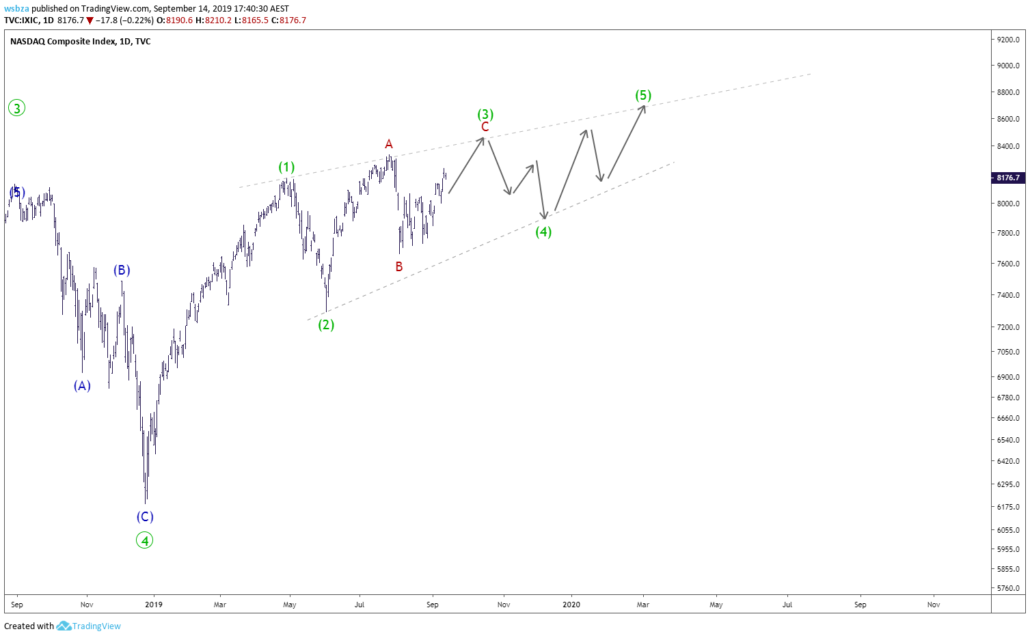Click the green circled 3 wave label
pos(16,109)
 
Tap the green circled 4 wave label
pos(144,540)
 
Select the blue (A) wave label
pos(82,386)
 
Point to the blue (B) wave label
pos(122,271)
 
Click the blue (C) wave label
pos(145,516)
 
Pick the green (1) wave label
pos(286,167)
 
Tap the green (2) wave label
pos(326,325)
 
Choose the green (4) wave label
pos(543,232)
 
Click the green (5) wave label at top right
pos(643,96)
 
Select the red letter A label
pos(389,144)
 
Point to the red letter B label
pos(399,266)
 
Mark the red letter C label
pos(485,127)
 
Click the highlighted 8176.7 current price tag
pos(1008,178)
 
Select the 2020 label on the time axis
pos(571,605)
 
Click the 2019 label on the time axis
pos(154,605)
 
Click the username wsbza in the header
pos(17,9)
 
